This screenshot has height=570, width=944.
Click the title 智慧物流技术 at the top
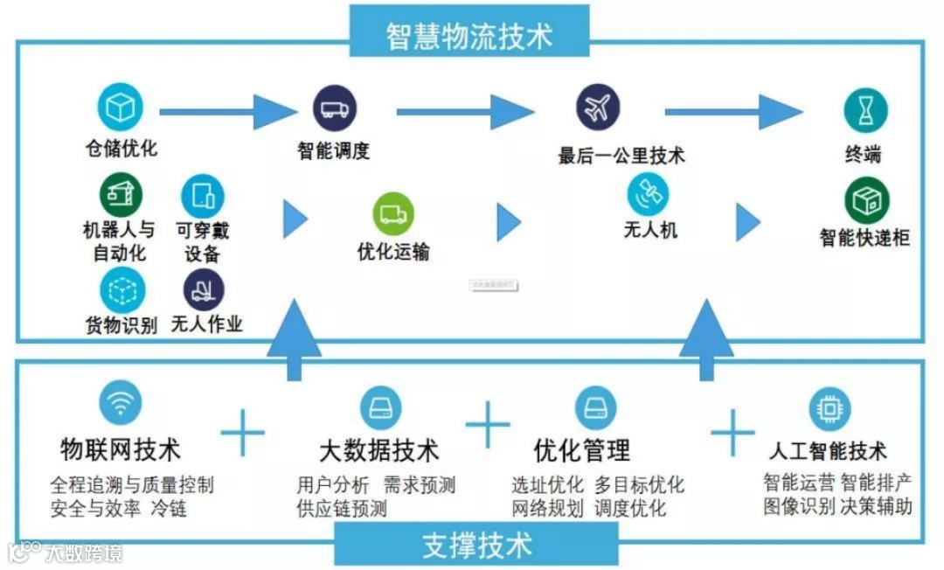[469, 36]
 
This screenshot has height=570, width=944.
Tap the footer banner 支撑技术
[476, 545]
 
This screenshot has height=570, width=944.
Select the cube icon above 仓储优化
[120, 108]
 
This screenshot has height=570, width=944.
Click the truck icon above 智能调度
[335, 108]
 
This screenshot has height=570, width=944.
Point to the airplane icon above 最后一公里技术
[598, 108]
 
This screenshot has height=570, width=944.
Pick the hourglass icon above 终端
[864, 110]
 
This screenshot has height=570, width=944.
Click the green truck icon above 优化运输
[393, 214]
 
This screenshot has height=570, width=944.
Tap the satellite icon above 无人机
[648, 194]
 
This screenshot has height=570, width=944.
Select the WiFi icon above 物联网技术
[121, 405]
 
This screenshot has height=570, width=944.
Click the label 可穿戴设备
[203, 242]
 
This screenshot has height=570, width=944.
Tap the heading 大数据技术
[378, 451]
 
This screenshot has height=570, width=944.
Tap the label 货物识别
[121, 325]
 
